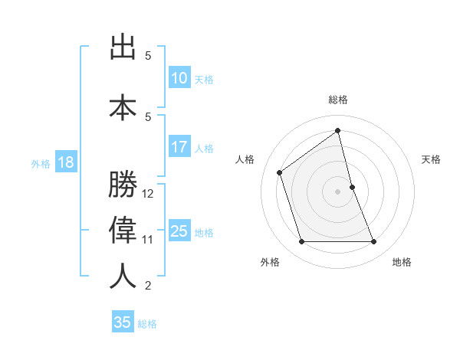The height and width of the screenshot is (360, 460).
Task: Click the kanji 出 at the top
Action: coord(123,47)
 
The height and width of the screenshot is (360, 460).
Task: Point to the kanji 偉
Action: coord(123,231)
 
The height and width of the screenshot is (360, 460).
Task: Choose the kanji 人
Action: coord(123,277)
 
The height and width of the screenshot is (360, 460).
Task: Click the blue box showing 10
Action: coord(179,78)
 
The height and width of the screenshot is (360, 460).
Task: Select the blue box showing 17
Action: coord(179,147)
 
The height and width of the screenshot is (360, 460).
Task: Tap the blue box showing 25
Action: coord(179,231)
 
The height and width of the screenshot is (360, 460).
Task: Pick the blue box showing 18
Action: coord(64,162)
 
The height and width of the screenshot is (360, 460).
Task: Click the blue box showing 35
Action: coord(123,322)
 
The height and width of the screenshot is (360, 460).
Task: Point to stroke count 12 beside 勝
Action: coord(149,194)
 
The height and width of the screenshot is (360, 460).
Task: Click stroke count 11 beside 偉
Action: coord(149,240)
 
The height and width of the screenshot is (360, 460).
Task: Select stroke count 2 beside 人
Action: coord(149,286)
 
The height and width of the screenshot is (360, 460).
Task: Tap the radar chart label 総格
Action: coord(338,100)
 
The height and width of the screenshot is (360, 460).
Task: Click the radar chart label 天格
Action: coord(432,159)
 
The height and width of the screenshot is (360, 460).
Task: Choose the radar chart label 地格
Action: coord(402,262)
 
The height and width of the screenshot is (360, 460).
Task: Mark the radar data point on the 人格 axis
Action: coord(280,172)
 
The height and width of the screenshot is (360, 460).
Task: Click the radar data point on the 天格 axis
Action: coord(352,187)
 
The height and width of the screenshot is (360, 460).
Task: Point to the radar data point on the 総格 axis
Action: coord(338,130)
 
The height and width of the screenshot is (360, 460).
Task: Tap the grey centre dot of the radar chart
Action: coord(338,191)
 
